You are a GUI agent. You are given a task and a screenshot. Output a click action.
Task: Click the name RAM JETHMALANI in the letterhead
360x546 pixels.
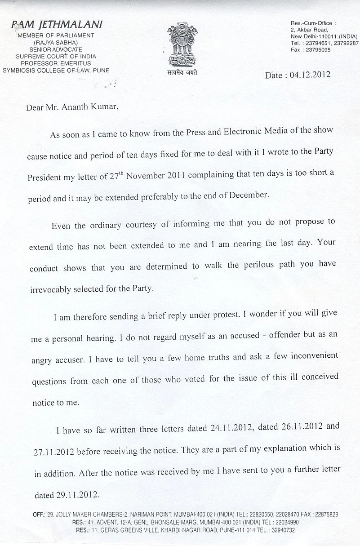pyautogui.click(x=57, y=25)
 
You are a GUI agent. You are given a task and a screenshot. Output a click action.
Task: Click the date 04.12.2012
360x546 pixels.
pyautogui.click(x=310, y=75)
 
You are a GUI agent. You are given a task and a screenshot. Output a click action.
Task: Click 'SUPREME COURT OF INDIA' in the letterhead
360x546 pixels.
pyautogui.click(x=56, y=57)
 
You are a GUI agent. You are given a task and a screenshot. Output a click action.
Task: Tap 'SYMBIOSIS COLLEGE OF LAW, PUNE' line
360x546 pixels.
pyautogui.click(x=56, y=70)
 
